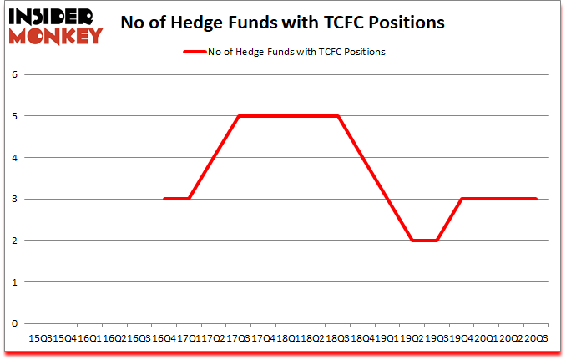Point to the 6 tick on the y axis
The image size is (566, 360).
click(14, 74)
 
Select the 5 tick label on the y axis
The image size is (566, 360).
click(14, 116)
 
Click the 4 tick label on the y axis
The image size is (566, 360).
click(14, 157)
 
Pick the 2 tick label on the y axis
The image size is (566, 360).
click(14, 241)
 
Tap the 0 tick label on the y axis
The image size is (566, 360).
click(14, 323)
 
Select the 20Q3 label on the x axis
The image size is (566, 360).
click(535, 339)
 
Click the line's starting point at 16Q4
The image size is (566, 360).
click(164, 199)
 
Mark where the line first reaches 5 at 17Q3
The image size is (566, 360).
click(239, 116)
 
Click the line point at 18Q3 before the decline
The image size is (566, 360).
click(338, 116)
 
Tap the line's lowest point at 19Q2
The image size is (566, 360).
click(412, 241)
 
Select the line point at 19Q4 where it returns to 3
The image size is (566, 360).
click(462, 199)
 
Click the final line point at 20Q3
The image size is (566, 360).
click(536, 199)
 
